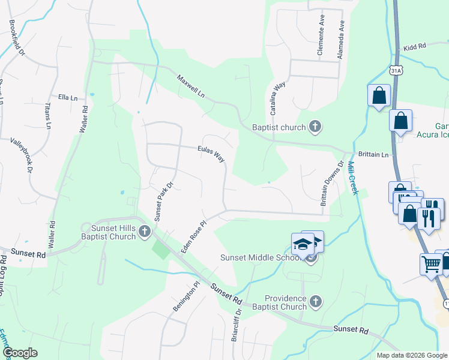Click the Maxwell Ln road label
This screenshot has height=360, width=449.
[191, 87]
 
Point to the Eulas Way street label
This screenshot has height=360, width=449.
[211, 154]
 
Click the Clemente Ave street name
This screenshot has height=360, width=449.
[321, 41]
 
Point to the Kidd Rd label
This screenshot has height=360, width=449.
[414, 46]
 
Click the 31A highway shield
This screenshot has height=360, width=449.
[395, 70]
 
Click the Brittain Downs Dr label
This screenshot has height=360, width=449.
[332, 184]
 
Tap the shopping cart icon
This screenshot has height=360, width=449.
[432, 264]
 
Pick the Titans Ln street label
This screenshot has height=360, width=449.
[48, 116]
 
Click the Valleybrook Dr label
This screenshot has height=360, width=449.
[22, 156]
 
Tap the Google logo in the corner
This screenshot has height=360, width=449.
[19, 352]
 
